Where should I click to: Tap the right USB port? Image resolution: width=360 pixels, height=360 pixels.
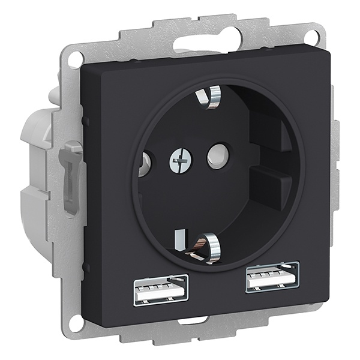tap(272, 277)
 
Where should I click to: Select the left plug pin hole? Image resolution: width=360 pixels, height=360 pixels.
tap(144, 164)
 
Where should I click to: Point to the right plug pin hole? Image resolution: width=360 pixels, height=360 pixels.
tap(218, 156)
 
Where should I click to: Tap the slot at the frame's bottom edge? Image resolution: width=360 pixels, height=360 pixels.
tap(194, 321)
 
